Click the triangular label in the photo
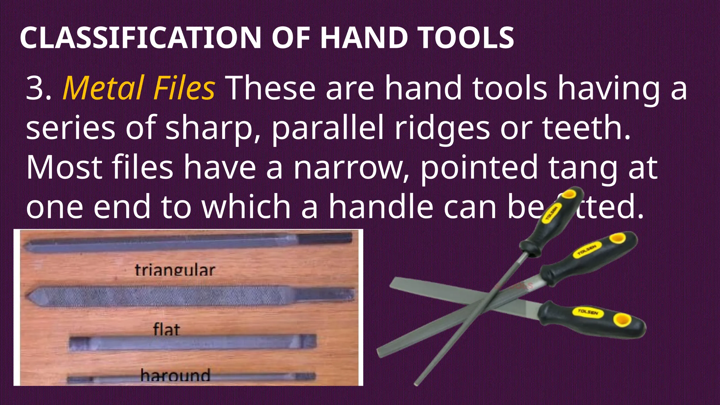point(175,270)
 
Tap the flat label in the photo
point(166,329)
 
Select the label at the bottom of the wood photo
point(175,375)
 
